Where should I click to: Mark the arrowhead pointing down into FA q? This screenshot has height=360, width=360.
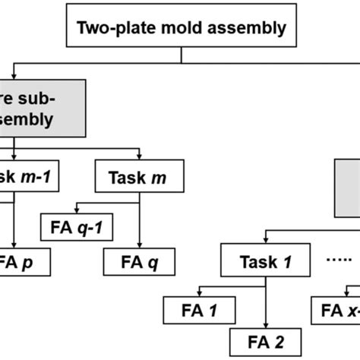pos(138,245)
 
